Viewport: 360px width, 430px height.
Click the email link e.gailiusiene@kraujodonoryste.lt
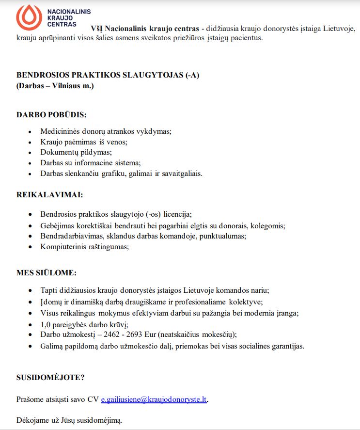click(x=154, y=399)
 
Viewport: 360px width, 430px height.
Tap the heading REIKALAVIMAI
click(x=49, y=195)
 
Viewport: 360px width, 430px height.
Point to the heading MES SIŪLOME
click(x=47, y=272)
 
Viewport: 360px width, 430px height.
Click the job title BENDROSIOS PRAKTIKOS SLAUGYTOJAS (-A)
click(x=108, y=75)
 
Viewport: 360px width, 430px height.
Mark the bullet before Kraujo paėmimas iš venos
click(x=30, y=143)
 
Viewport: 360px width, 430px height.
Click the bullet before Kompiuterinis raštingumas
click(x=30, y=247)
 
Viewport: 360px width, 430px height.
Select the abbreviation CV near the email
click(x=93, y=399)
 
